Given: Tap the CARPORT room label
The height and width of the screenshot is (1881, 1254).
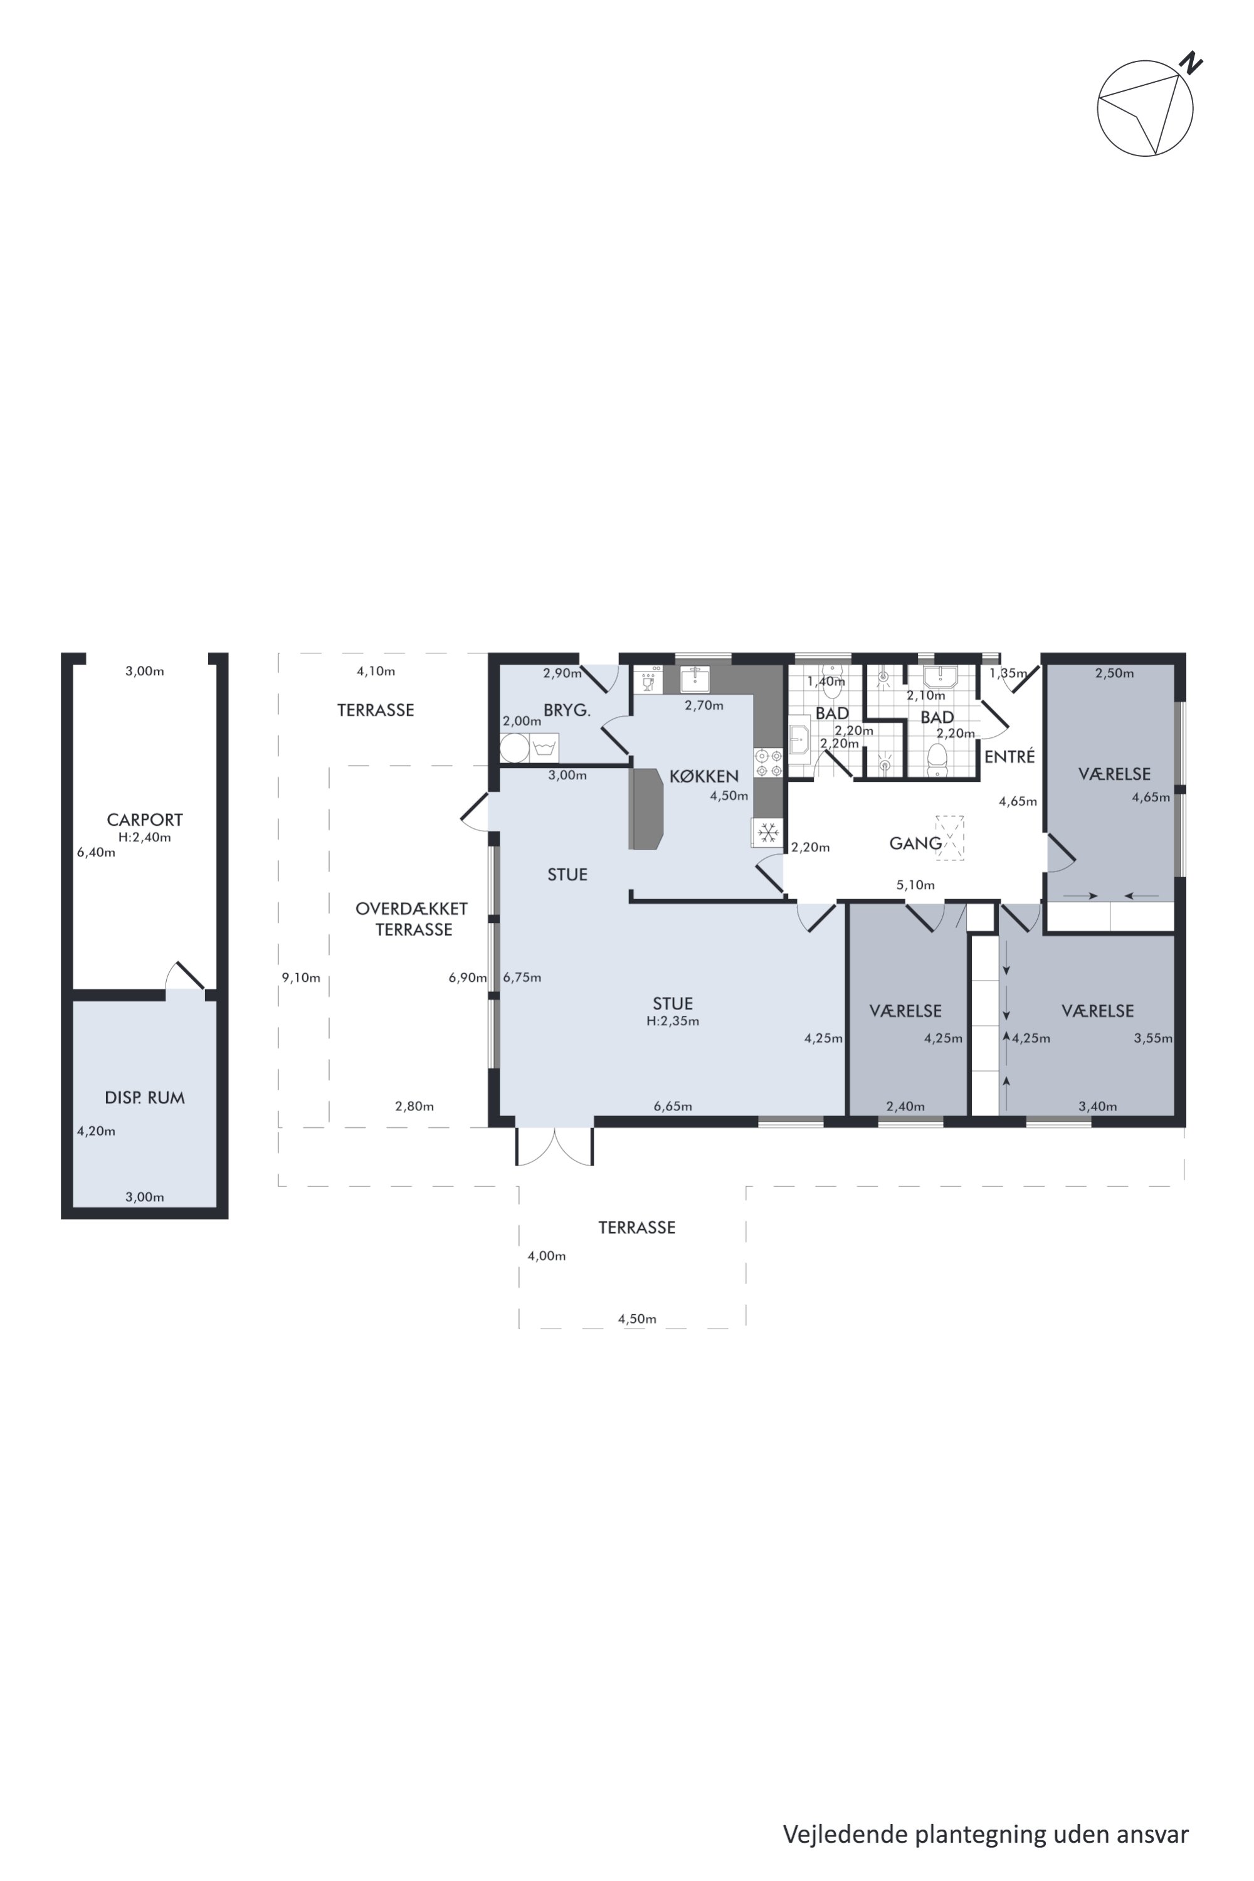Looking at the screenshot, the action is tap(145, 819).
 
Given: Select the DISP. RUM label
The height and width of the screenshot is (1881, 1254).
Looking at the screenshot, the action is tap(145, 1098).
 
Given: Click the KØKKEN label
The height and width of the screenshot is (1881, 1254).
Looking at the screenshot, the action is tap(703, 776).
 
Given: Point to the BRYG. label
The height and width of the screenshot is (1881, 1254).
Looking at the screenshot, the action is tap(567, 710).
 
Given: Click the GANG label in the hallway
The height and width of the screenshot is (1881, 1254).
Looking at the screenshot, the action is tap(915, 843).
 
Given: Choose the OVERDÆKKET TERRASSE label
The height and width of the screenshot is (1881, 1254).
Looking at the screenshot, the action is tap(413, 919).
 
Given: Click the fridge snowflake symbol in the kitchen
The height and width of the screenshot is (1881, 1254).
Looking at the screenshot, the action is tap(769, 833).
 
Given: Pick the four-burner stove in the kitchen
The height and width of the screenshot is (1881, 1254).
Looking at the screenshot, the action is tap(767, 762).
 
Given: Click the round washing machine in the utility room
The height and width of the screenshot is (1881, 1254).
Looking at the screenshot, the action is tap(514, 749).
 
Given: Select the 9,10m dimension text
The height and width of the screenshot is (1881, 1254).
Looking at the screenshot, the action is tap(301, 977).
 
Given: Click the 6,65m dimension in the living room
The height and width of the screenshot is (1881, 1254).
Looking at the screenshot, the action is tap(673, 1106).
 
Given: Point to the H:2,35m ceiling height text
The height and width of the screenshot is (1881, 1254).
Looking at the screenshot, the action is tap(673, 1021).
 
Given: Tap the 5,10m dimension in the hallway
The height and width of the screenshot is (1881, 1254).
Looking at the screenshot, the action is tap(915, 885).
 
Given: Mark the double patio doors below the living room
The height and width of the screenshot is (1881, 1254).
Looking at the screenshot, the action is tap(555, 1146).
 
